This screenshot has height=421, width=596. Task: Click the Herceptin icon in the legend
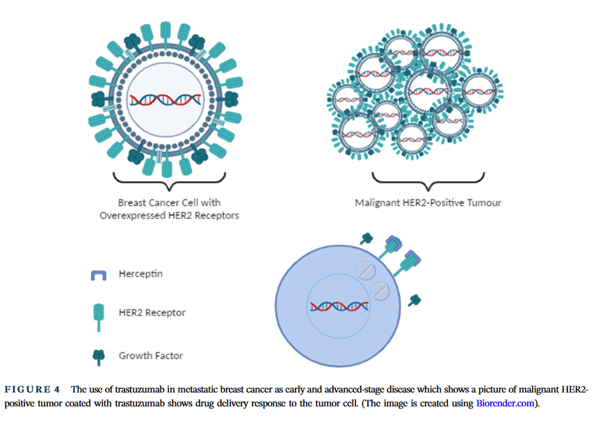(x=99, y=275)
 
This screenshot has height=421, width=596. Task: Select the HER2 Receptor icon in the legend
(x=99, y=317)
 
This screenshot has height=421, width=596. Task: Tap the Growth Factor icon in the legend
(x=99, y=357)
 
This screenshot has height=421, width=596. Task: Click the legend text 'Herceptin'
(x=140, y=274)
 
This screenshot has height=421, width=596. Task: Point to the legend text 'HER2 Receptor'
(x=152, y=313)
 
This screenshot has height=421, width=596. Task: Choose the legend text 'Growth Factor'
(x=151, y=356)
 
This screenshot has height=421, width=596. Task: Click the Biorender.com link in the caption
(x=505, y=403)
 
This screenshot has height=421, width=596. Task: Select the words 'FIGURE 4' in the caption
(x=32, y=390)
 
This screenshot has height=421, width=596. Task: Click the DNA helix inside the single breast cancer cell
(x=166, y=100)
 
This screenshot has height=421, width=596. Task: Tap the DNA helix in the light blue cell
(x=339, y=306)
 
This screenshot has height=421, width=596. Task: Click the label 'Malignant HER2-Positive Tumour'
(x=428, y=203)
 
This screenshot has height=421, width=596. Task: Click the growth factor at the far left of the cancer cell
(x=99, y=99)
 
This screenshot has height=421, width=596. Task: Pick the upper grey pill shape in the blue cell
(x=366, y=271)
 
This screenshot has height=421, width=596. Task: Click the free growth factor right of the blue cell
(x=414, y=301)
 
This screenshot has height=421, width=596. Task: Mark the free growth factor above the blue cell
(x=367, y=239)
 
